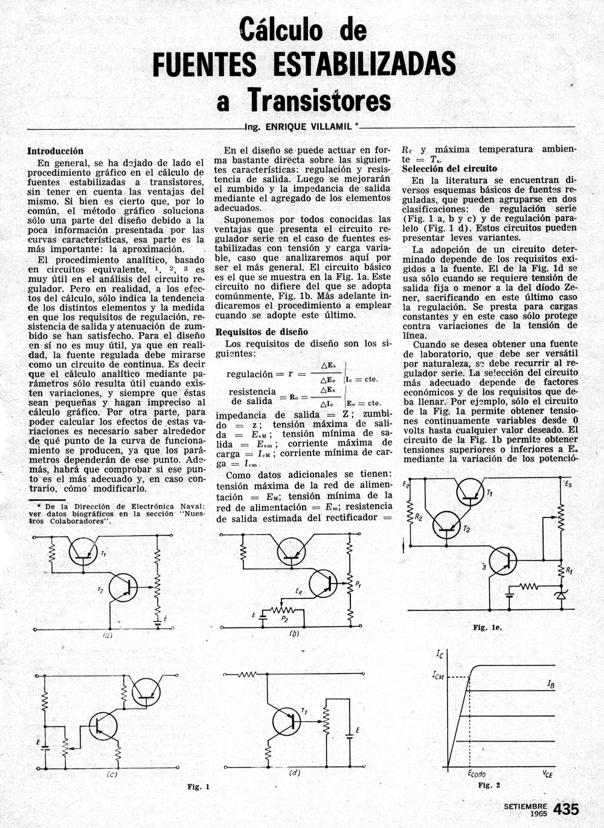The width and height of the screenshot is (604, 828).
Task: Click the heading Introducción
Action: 55,151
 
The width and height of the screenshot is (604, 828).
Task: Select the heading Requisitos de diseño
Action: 262,332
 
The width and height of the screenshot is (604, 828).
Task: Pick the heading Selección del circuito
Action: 449,168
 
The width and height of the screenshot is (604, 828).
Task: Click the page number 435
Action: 565,809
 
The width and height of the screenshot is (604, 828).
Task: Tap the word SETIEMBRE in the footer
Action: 525,806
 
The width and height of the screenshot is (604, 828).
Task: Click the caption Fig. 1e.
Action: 487,627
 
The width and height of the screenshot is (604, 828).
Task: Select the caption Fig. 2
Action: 489,785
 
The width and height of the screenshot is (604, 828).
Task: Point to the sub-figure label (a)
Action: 108,635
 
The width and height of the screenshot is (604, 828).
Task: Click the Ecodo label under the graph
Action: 477,774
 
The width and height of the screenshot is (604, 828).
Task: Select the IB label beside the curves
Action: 551,684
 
